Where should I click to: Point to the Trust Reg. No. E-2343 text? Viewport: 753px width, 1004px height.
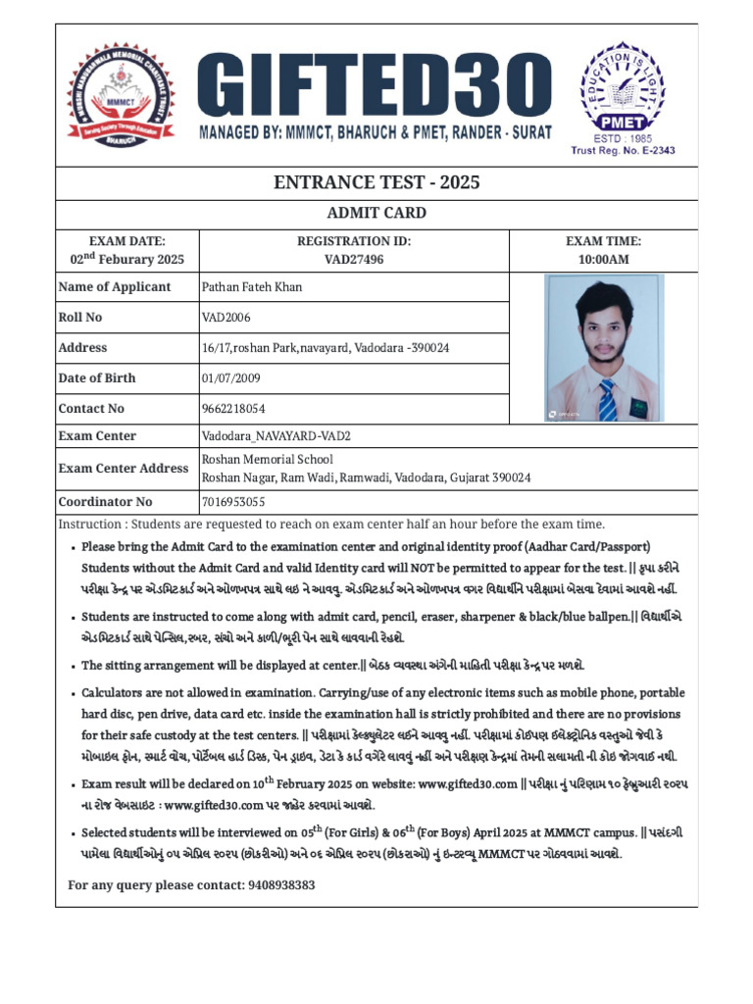[624, 151]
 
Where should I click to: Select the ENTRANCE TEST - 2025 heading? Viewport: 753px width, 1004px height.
[376, 183]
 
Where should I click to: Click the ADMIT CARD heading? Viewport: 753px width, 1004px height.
[376, 214]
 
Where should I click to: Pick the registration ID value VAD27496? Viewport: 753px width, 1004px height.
[354, 259]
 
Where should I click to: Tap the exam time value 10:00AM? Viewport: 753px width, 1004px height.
[603, 259]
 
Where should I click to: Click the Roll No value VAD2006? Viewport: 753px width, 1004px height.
[226, 318]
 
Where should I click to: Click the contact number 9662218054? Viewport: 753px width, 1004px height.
[233, 409]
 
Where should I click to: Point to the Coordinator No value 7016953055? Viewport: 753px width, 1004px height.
[233, 502]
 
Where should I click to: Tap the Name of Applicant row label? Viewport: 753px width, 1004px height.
[114, 287]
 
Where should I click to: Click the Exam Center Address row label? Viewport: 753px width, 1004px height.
[123, 469]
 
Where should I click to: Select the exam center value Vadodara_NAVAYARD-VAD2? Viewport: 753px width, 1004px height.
[276, 436]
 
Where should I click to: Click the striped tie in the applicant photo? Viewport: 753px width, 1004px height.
[608, 399]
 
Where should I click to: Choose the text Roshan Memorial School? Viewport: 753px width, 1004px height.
[267, 459]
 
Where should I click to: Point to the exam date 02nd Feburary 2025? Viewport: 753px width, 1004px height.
[127, 259]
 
